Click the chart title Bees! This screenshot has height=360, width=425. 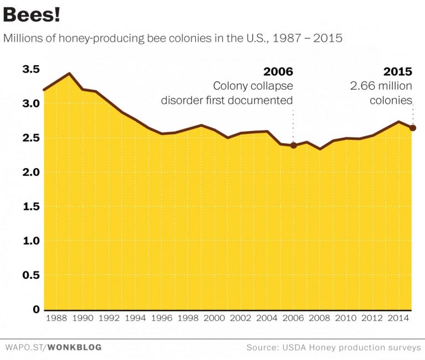coord(32,15)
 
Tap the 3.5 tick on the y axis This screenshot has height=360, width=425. coord(32,70)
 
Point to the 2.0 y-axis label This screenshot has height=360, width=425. coord(32,173)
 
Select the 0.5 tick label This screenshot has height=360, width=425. coord(32,275)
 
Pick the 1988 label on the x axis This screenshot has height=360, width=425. coord(56,319)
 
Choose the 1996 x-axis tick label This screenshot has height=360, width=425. coord(162,319)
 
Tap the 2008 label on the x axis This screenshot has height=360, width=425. coord(319,319)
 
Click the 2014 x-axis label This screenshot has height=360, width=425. coord(398,319)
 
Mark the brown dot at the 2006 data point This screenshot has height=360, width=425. coord(293,145)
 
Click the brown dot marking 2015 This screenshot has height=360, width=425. coord(412,128)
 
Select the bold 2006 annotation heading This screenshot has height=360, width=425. coord(278,72)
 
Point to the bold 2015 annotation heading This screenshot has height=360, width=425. coord(397,72)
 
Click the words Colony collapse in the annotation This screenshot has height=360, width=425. coord(253,86)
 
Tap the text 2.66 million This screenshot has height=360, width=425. coord(381,86)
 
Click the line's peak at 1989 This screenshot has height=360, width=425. coord(69,74)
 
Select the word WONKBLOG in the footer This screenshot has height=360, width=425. coord(74,348)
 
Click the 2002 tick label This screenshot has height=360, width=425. coord(241,319)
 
